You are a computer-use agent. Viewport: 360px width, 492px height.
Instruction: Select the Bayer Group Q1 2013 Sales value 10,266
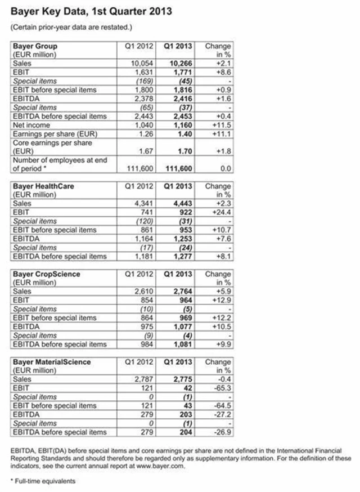181,64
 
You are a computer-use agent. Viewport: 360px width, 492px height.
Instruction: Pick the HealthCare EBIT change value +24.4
221,213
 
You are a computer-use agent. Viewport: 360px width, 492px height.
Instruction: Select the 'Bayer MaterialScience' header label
51,362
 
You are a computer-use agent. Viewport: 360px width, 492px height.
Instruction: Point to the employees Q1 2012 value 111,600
139,168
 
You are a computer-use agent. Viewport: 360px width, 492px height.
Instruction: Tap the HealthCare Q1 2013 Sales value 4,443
182,204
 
